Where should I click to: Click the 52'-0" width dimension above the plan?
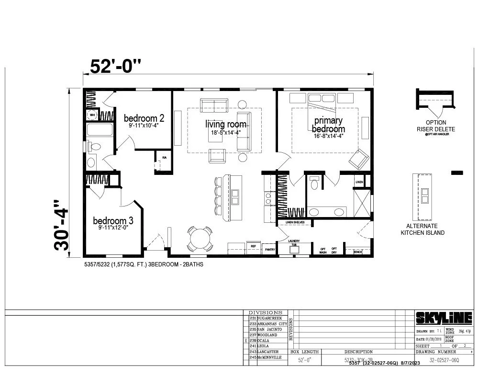click(116, 66)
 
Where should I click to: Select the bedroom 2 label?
click(144, 118)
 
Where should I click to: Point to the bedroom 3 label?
click(113, 221)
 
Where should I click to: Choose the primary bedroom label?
click(328, 125)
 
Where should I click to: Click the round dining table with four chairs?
click(200, 238)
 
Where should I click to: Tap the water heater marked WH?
click(91, 115)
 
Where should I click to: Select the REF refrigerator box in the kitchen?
click(254, 246)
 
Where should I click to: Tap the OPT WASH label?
click(323, 250)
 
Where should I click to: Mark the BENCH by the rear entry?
click(357, 251)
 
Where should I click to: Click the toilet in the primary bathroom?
click(314, 183)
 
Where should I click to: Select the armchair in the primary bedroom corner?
click(358, 159)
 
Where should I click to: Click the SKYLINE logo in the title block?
click(443, 318)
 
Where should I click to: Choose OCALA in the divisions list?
click(264, 341)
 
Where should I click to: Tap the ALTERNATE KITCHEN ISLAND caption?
click(422, 230)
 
